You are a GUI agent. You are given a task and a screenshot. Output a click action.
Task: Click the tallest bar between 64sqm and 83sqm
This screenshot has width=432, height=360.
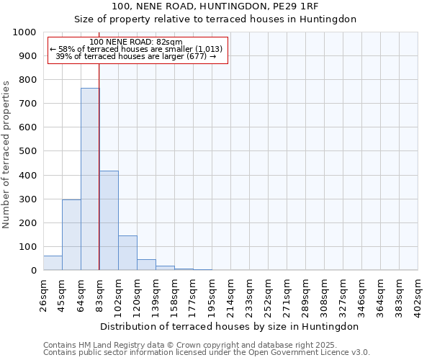pyautogui.click(x=90, y=179)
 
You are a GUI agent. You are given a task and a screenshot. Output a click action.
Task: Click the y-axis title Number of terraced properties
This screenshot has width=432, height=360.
pyautogui.click(x=6, y=154)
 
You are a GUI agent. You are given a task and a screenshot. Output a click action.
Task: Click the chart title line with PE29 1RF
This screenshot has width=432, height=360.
pyautogui.click(x=215, y=6)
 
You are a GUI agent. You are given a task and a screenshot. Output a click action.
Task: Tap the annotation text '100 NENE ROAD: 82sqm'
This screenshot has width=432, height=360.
pyautogui.click(x=136, y=42)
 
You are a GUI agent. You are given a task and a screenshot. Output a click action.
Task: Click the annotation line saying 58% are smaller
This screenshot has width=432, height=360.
pyautogui.click(x=136, y=50)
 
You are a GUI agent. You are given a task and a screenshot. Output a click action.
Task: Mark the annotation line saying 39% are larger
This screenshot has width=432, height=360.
pyautogui.click(x=136, y=57)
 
